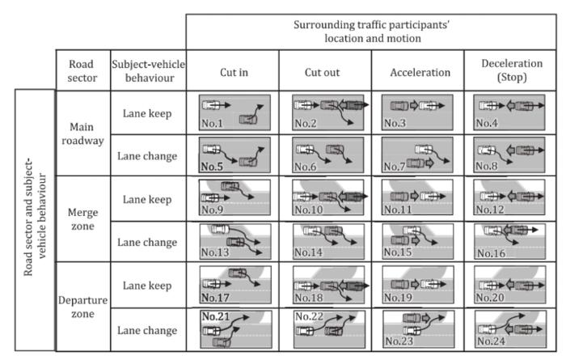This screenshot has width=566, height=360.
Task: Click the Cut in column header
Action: pyautogui.click(x=232, y=72)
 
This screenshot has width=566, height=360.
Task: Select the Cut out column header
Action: pyautogui.click(x=324, y=72)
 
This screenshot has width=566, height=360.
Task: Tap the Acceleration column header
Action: pyautogui.click(x=416, y=72)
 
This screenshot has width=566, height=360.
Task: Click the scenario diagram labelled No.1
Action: pyautogui.click(x=234, y=113)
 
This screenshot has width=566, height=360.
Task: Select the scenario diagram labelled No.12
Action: pyautogui.click(x=509, y=198)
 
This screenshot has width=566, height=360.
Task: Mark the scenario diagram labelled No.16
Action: pyautogui.click(x=509, y=240)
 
